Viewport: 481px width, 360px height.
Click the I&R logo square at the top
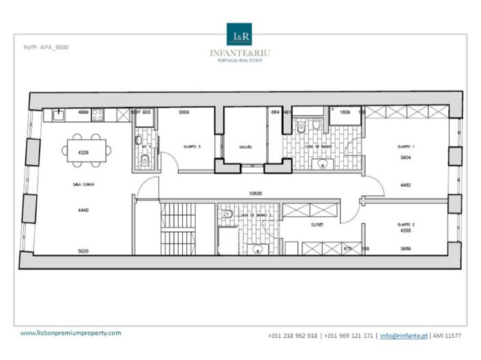[240, 35]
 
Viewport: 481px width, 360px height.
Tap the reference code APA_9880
[47, 47]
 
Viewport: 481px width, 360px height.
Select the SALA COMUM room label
[83, 185]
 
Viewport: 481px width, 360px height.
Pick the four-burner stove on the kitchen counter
[98, 115]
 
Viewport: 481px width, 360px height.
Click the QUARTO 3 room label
[192, 147]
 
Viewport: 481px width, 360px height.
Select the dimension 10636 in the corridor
[256, 193]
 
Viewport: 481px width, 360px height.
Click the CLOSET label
[316, 224]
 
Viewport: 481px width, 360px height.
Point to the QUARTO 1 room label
[407, 147]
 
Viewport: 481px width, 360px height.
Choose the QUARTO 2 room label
[407, 224]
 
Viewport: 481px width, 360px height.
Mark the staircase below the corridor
[174, 228]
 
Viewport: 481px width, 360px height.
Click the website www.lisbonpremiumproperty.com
[70, 333]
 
